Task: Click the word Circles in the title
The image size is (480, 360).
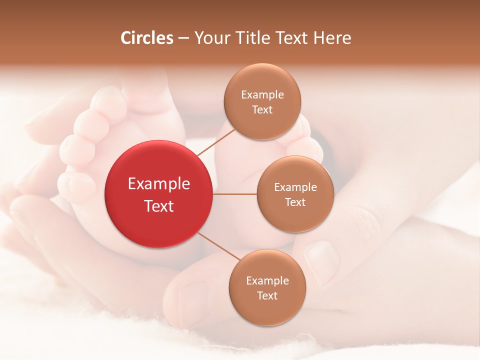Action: coord(146,38)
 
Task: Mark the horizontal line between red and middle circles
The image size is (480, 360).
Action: coord(235,194)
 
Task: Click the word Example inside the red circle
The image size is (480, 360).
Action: coord(158,184)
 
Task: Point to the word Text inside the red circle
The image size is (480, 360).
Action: coord(158,206)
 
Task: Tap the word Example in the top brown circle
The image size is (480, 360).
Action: coord(262,95)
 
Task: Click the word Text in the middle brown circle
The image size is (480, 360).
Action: coord(295,202)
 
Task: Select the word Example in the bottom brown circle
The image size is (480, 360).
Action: coord(267,281)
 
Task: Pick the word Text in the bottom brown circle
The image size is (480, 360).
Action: coord(267,296)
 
